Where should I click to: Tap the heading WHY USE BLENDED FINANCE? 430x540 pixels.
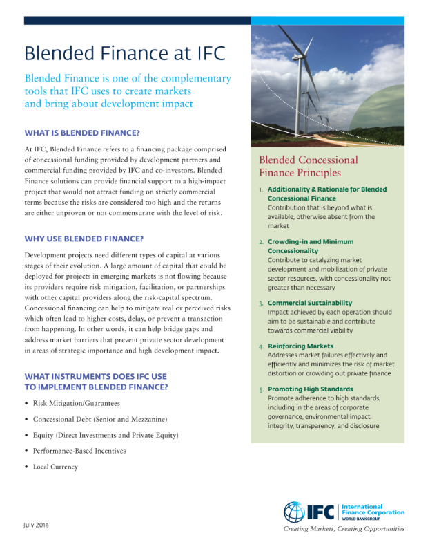84,239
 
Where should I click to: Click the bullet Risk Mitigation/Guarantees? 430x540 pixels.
76,403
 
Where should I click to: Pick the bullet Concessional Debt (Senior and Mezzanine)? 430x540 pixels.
99,419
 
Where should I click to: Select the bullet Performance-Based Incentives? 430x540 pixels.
79,451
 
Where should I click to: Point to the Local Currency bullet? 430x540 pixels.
55,467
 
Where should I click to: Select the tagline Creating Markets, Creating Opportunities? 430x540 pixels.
344,529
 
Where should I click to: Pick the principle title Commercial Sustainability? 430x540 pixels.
309,303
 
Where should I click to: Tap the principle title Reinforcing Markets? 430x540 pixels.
300,346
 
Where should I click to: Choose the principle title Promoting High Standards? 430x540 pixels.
310,389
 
